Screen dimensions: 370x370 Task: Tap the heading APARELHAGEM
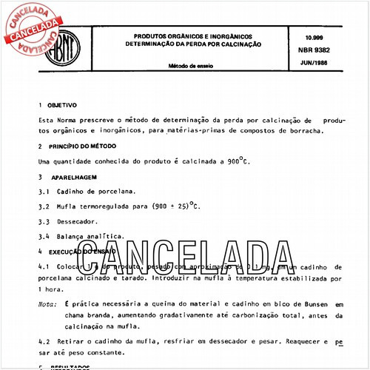pos(75,178)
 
